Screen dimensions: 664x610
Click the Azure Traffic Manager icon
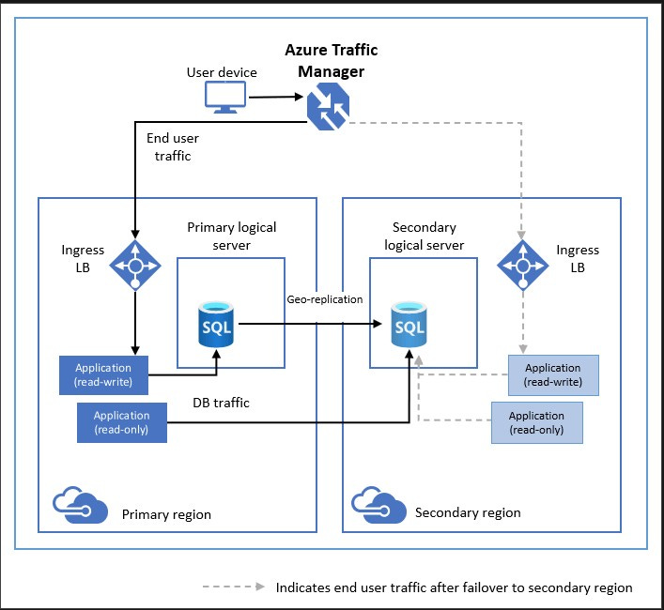[328, 106]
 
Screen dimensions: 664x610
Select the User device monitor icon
[225, 98]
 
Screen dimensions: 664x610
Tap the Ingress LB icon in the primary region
[135, 266]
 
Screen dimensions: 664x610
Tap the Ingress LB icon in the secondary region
[522, 266]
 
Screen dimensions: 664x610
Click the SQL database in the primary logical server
[216, 325]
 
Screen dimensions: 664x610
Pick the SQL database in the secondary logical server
[409, 325]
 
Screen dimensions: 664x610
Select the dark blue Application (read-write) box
[103, 375]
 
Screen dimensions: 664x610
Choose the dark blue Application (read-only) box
[122, 422]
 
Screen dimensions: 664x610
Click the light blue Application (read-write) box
[553, 375]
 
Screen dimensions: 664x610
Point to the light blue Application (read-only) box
[537, 422]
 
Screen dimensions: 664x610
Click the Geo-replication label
[325, 299]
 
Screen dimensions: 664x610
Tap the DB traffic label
[221, 403]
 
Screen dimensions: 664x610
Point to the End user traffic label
[173, 146]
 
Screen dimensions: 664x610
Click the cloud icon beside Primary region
[80, 505]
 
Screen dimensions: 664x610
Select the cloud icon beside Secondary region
[378, 505]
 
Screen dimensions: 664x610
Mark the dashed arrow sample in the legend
[234, 587]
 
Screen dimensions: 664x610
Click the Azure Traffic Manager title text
[332, 60]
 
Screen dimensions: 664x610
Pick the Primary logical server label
[232, 236]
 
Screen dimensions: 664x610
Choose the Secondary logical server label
[425, 236]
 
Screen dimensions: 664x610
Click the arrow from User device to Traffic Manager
[276, 97]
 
